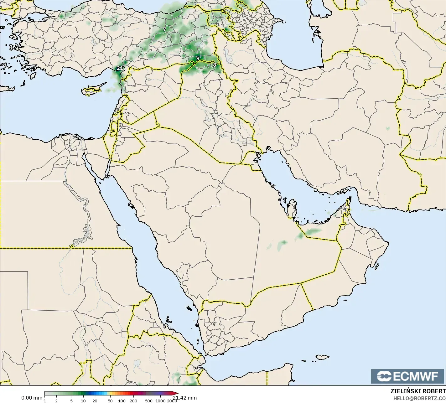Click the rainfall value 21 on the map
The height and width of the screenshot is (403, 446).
120,68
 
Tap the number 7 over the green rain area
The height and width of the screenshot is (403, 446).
164,29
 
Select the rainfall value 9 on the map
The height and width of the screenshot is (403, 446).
198,58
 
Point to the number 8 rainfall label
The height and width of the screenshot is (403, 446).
215,65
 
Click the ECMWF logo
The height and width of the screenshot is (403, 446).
407,376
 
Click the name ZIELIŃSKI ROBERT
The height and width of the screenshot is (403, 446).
418,391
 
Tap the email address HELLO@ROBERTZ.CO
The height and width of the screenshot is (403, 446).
419,398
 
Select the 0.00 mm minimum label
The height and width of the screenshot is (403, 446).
32,398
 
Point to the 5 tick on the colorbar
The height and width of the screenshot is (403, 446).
71,401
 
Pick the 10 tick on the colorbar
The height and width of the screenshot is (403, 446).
83,401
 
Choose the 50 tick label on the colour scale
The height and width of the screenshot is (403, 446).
110,401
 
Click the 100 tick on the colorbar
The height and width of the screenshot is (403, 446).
122,401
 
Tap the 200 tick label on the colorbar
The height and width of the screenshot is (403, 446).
133,401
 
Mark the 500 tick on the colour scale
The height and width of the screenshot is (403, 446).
149,401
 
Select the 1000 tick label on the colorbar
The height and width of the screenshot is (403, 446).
160,401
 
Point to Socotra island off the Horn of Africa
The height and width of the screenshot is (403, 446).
322,357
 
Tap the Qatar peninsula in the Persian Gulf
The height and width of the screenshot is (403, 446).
292,208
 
